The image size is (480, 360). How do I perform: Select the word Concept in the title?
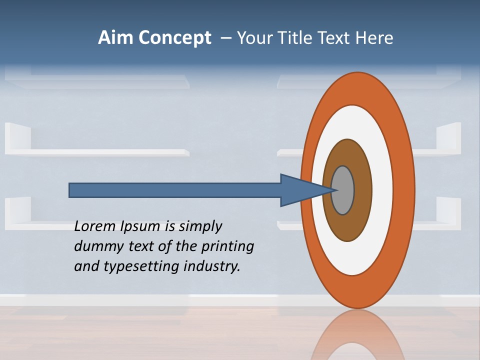coord(175,38)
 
